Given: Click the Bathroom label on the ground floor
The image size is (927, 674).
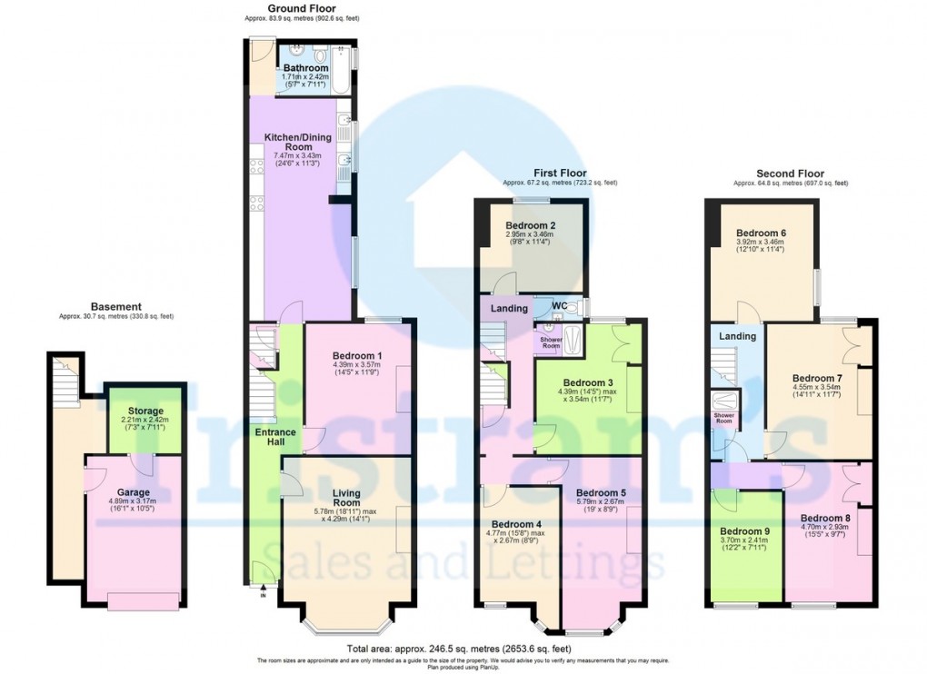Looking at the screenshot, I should click(304, 68).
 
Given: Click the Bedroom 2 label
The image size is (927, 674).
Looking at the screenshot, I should click(532, 225).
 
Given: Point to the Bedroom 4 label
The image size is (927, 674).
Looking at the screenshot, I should click(516, 524).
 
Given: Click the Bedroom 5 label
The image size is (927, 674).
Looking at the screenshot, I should click(601, 493).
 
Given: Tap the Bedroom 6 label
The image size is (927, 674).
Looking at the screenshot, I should click(762, 233).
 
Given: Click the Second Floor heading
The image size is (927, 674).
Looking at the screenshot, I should click(790, 173).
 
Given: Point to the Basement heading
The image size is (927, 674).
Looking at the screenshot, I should click(115, 306).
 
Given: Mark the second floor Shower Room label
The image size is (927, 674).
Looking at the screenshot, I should click(723, 419).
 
